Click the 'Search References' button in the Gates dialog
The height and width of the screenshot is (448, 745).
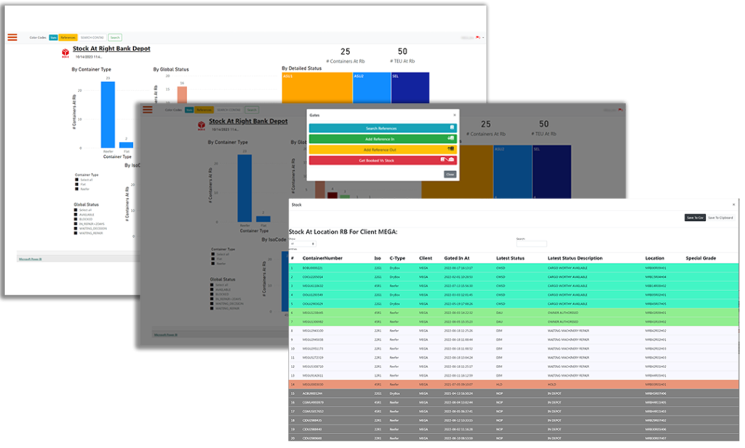point(381,128)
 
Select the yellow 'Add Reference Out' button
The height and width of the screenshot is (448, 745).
point(381,149)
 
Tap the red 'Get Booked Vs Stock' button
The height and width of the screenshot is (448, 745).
point(381,160)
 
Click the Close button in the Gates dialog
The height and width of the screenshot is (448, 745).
point(450,175)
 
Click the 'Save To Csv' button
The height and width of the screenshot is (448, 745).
point(695,217)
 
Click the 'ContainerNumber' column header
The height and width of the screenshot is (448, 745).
point(322,258)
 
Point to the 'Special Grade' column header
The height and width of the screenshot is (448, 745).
point(701,258)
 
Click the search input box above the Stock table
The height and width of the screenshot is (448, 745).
point(531,244)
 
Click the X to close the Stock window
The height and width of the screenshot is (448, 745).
point(733,205)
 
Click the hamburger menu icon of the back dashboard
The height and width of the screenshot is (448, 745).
point(12,37)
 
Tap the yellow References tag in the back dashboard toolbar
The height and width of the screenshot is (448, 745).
point(68,37)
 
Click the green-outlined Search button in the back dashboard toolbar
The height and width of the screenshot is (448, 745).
point(115,37)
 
